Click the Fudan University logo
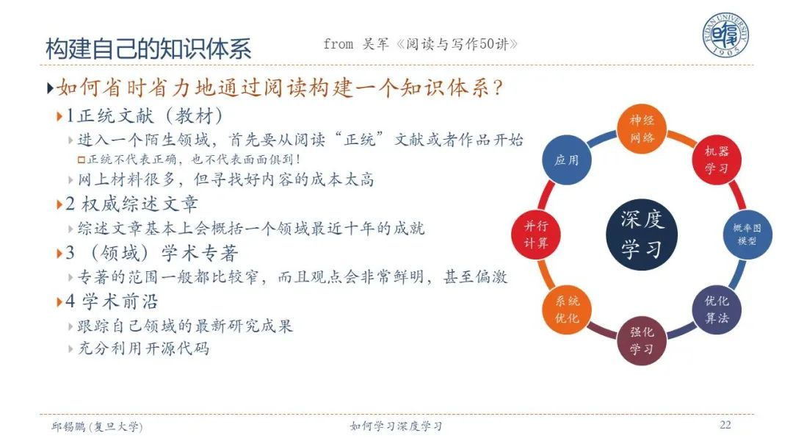pyautogui.click(x=725, y=35)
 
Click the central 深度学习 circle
pyautogui.click(x=642, y=234)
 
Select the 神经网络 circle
pyautogui.click(x=642, y=129)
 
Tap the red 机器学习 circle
pyautogui.click(x=717, y=160)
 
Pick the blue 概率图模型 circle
pyautogui.click(x=747, y=235)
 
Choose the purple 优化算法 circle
pyautogui.click(x=717, y=310)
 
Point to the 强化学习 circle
pyautogui.click(x=642, y=340)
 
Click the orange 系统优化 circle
pyautogui.click(x=566, y=310)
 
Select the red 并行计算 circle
pyautogui.click(x=535, y=235)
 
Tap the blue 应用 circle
pyautogui.click(x=566, y=160)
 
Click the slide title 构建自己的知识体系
pyautogui.click(x=148, y=49)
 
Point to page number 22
pyautogui.click(x=725, y=425)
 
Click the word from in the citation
pyautogui.click(x=338, y=44)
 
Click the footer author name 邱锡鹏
pyautogui.click(x=68, y=426)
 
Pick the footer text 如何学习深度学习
pyautogui.click(x=396, y=426)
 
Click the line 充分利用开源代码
pyautogui.click(x=143, y=348)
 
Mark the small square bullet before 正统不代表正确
pyautogui.click(x=81, y=160)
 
